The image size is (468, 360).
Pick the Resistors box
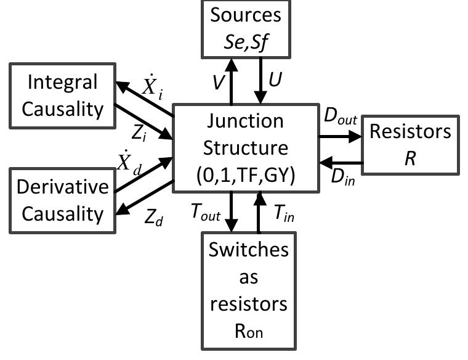[x=410, y=143]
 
